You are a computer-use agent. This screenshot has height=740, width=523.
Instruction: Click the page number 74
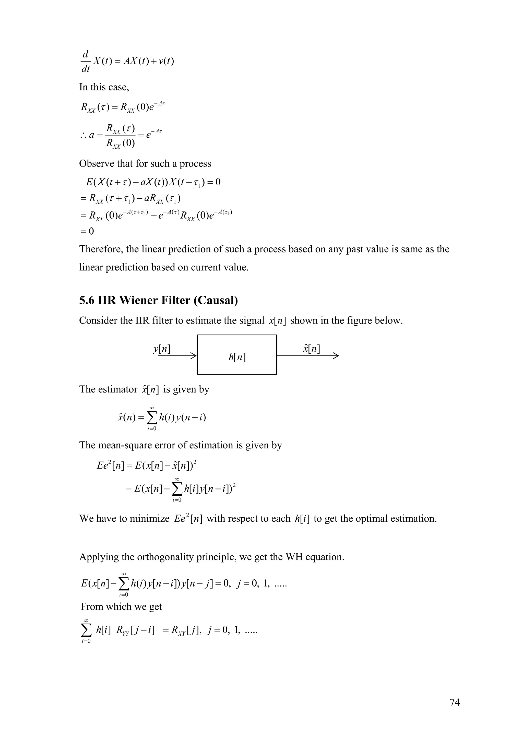454,702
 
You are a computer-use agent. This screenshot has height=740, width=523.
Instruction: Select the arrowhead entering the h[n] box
193,356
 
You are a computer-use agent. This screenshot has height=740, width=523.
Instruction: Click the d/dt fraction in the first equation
85,61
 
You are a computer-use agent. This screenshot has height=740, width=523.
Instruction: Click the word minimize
150,519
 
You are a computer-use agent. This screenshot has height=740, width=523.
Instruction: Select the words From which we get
121,606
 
